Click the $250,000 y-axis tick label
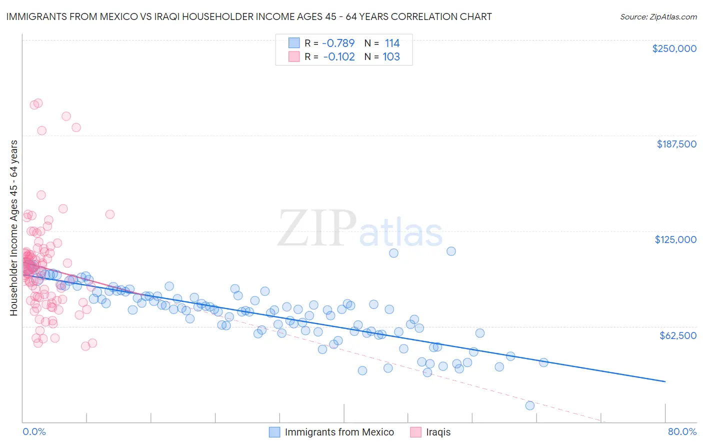tap(674, 48)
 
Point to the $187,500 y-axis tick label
tap(676, 144)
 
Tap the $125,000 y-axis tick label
tap(675, 239)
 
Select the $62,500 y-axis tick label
tap(677, 335)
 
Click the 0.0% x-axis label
tap(34, 431)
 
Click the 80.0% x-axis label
tap(682, 431)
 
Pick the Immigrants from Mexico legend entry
tap(339, 432)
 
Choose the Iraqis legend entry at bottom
tap(438, 432)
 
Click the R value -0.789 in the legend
tap(338, 43)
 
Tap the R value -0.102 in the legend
tap(338, 56)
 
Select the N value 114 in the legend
tap(392, 43)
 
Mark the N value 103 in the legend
tap(391, 56)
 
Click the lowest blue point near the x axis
tap(530, 405)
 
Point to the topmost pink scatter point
tap(38, 103)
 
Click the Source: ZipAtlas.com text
tap(658, 16)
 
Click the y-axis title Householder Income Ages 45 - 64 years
tap(14, 227)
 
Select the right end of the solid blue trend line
tap(665, 381)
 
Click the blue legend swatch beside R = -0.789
tap(294, 43)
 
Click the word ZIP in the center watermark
tap(316, 228)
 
